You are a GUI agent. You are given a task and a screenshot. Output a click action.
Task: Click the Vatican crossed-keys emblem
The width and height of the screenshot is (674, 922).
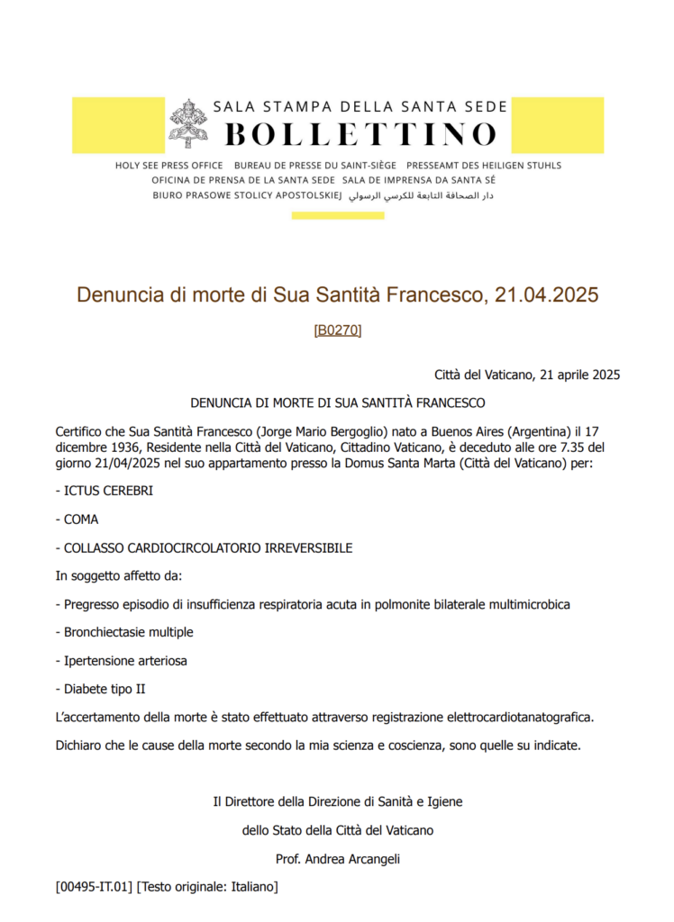tap(187, 123)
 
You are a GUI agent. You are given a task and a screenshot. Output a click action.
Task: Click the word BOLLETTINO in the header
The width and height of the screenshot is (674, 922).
tap(360, 134)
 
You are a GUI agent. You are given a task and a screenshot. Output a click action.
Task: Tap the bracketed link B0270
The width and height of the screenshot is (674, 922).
tap(337, 330)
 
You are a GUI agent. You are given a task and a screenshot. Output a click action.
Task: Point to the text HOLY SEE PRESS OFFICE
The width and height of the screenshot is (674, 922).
tap(169, 166)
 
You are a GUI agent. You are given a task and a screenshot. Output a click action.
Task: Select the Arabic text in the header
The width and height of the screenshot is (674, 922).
tap(421, 194)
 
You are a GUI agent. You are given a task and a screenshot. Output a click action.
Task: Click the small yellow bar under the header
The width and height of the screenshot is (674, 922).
tap(338, 215)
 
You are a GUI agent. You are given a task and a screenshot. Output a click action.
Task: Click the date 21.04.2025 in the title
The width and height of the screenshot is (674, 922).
tap(547, 294)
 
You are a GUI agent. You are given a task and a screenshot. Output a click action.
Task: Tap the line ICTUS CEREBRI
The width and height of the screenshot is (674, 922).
tap(104, 491)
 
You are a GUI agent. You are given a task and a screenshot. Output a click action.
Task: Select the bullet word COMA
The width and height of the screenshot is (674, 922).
tap(81, 520)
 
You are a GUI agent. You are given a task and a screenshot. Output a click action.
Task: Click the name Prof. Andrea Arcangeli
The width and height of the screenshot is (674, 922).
tap(338, 859)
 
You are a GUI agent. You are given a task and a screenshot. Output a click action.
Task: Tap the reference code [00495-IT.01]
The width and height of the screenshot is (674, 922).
tap(94, 887)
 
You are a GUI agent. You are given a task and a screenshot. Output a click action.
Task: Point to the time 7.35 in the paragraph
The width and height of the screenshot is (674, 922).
tap(558, 447)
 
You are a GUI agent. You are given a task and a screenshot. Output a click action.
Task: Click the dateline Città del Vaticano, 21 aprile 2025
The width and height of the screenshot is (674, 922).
tap(526, 374)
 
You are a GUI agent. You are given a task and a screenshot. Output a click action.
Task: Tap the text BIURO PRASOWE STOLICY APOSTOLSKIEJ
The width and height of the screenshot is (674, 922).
tap(247, 194)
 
